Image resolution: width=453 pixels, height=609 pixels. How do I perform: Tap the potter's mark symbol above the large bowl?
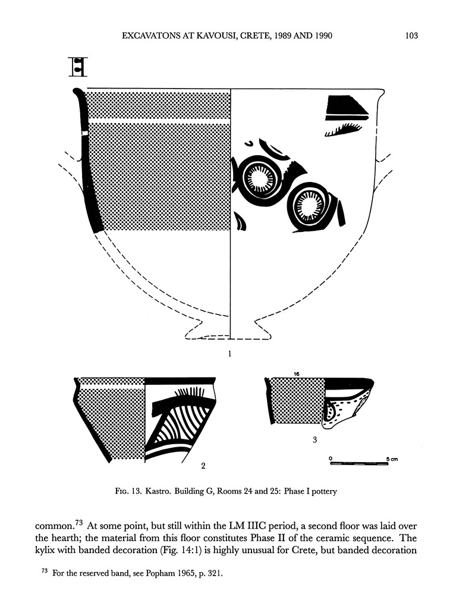(78, 67)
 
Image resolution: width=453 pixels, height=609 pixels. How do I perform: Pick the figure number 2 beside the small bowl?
(203, 466)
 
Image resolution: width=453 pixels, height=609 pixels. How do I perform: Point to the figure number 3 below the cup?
(314, 440)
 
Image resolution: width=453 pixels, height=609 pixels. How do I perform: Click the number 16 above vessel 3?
(295, 373)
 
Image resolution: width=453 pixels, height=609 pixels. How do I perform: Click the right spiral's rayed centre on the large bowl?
(309, 205)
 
